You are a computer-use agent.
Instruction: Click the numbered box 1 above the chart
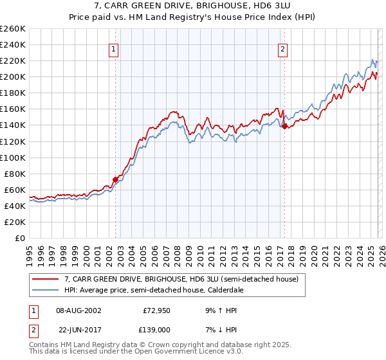113,49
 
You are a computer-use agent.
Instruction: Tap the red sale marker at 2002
116,179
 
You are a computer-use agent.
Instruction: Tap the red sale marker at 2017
284,126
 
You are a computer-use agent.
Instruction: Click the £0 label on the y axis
19,238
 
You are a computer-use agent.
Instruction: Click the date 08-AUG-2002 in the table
78,310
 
